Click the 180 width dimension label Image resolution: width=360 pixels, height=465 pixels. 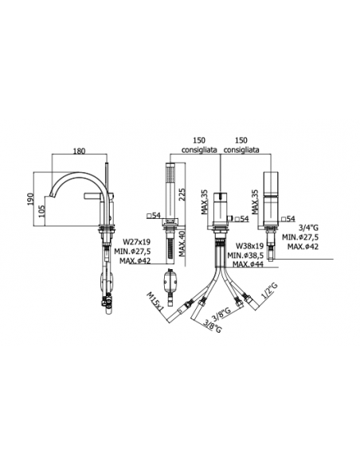click(x=79, y=151)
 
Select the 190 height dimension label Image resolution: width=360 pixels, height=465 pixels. click(x=30, y=199)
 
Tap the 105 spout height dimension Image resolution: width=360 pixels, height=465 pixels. click(x=41, y=211)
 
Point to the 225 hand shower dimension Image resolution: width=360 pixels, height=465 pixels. click(x=182, y=194)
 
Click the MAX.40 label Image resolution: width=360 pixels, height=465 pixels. click(x=182, y=244)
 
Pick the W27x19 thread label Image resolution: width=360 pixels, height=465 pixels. click(x=137, y=242)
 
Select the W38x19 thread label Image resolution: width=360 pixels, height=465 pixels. click(x=250, y=246)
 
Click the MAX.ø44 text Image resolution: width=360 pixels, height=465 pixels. click(x=248, y=264)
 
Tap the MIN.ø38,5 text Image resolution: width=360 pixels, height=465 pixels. click(x=245, y=255)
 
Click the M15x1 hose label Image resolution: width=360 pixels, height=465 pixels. click(x=155, y=301)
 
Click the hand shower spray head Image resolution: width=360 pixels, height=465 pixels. click(x=170, y=174)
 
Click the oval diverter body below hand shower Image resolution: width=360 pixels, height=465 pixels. click(x=170, y=281)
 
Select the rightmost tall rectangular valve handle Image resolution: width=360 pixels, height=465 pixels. click(x=271, y=197)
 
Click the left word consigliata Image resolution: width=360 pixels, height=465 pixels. click(x=199, y=150)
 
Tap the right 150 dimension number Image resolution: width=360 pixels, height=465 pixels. click(x=241, y=140)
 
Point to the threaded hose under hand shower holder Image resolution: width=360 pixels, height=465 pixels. click(x=170, y=248)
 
